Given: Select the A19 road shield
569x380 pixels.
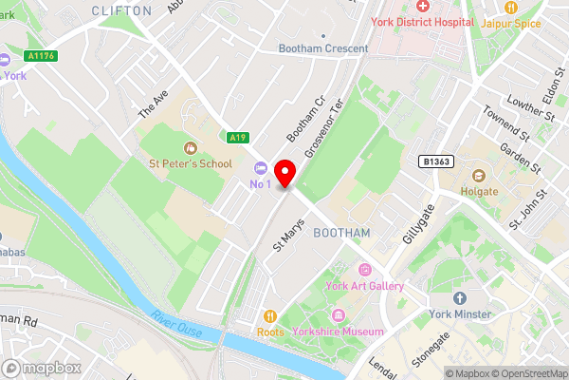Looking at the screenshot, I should (238, 137).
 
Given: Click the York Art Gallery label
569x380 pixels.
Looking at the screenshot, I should (364, 286).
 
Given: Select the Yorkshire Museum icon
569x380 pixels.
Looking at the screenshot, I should (337, 315).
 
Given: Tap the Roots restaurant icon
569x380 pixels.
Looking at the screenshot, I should (270, 315).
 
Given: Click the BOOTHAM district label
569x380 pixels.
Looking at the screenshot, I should (340, 233).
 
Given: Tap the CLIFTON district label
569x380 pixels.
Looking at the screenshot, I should (121, 10).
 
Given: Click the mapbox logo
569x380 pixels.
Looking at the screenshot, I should (42, 368).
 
